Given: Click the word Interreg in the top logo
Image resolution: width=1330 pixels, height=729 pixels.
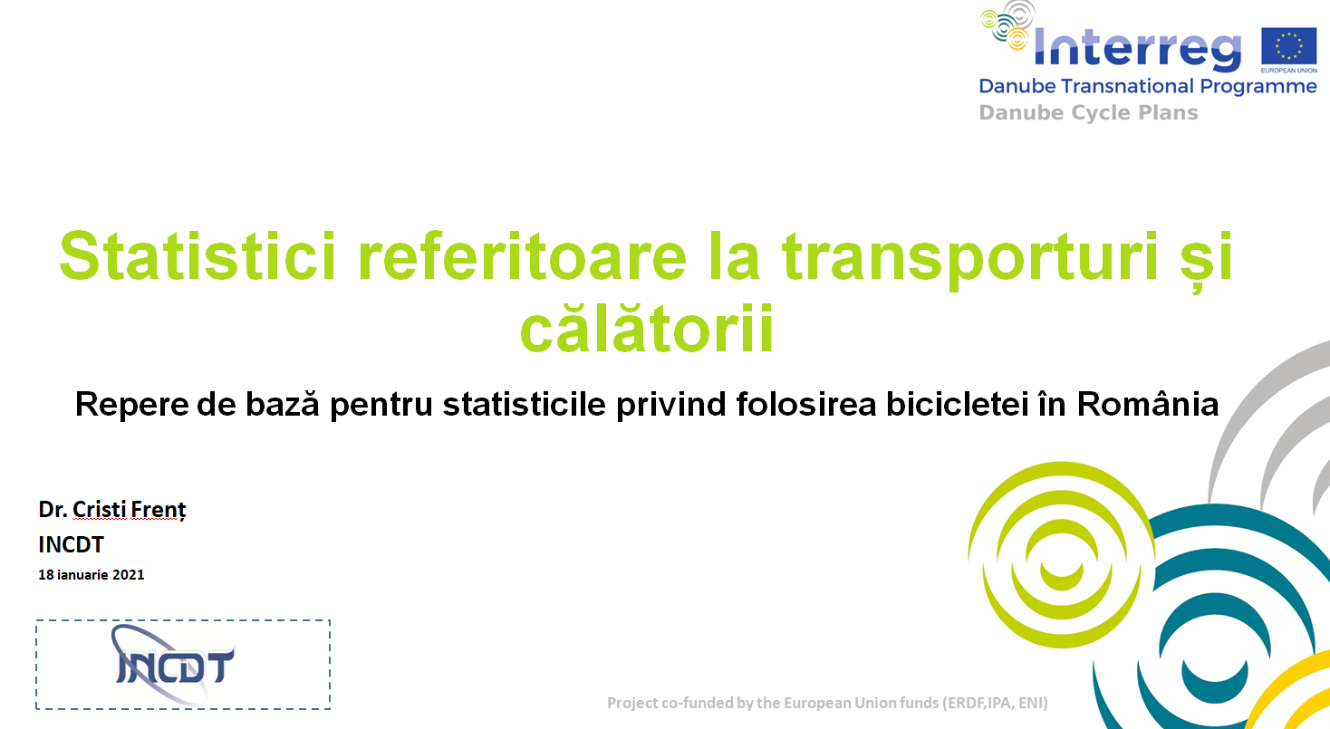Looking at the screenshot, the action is (x=1137, y=48).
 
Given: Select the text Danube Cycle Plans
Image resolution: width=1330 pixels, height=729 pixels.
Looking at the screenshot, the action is (x=1088, y=112).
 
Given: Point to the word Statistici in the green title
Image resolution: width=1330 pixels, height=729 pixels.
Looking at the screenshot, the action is (x=198, y=256).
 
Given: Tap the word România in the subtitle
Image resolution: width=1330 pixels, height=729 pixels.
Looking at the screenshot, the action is (x=1148, y=404).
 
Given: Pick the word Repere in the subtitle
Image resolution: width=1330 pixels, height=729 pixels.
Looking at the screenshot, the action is (x=131, y=405).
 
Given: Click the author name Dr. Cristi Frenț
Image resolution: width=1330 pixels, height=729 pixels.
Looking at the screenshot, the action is (x=112, y=509).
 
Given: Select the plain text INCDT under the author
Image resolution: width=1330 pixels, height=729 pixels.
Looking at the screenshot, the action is (x=72, y=544).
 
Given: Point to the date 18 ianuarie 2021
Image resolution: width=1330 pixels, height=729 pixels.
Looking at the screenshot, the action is (x=92, y=575).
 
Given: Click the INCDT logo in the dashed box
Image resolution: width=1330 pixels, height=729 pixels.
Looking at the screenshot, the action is (x=173, y=665).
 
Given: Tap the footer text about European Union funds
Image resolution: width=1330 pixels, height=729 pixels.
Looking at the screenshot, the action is (x=827, y=703).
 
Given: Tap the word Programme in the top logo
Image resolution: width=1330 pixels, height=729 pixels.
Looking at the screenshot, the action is (x=1258, y=87).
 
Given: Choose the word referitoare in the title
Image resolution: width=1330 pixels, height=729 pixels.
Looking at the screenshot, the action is (x=522, y=256).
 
